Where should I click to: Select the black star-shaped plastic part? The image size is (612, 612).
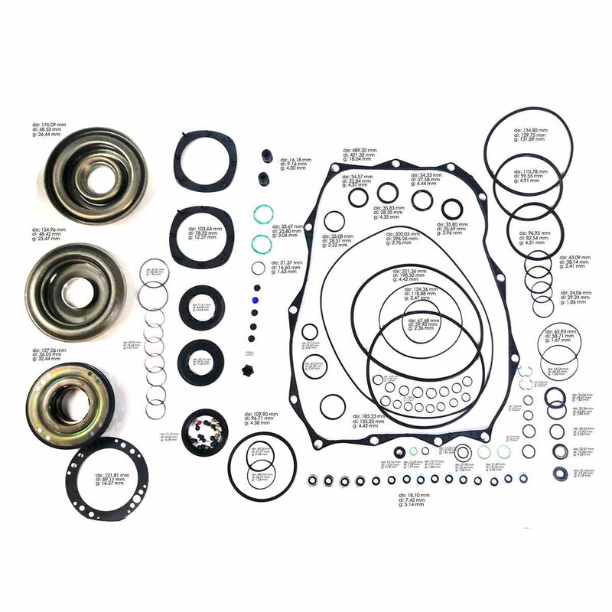point(247,372)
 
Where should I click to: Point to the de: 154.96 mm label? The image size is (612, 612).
point(48,229)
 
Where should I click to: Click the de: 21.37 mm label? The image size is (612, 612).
point(286,262)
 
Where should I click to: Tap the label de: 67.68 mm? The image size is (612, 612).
point(421,321)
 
